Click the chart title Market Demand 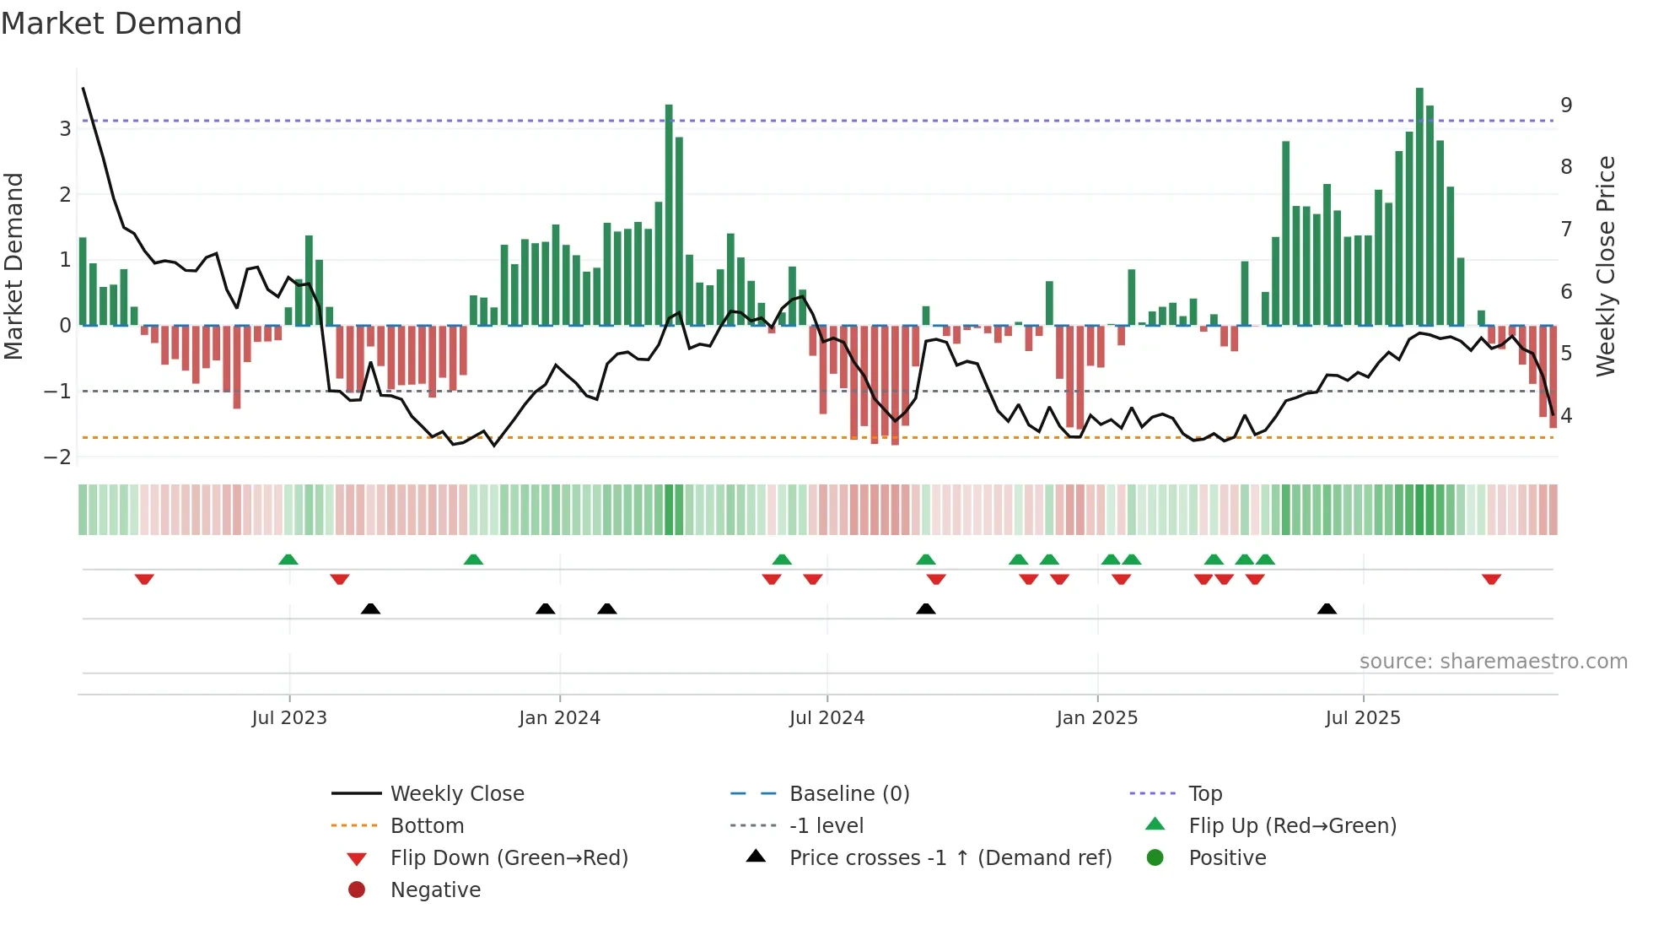click(x=121, y=24)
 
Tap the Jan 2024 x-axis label click(x=559, y=718)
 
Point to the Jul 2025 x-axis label click(x=1362, y=718)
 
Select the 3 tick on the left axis click(x=65, y=129)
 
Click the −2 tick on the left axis click(x=58, y=457)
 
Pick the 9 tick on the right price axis click(x=1566, y=105)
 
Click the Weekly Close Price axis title click(x=1606, y=266)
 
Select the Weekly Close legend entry click(x=456, y=794)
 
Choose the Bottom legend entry click(x=427, y=826)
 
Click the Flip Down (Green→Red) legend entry click(x=509, y=858)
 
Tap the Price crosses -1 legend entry click(x=950, y=858)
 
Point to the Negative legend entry click(x=435, y=890)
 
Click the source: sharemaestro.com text click(x=1493, y=662)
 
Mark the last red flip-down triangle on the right click(x=1491, y=579)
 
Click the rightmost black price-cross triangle click(x=1327, y=608)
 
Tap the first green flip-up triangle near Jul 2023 click(x=288, y=560)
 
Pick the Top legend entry click(x=1204, y=794)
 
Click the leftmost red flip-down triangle click(x=144, y=579)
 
